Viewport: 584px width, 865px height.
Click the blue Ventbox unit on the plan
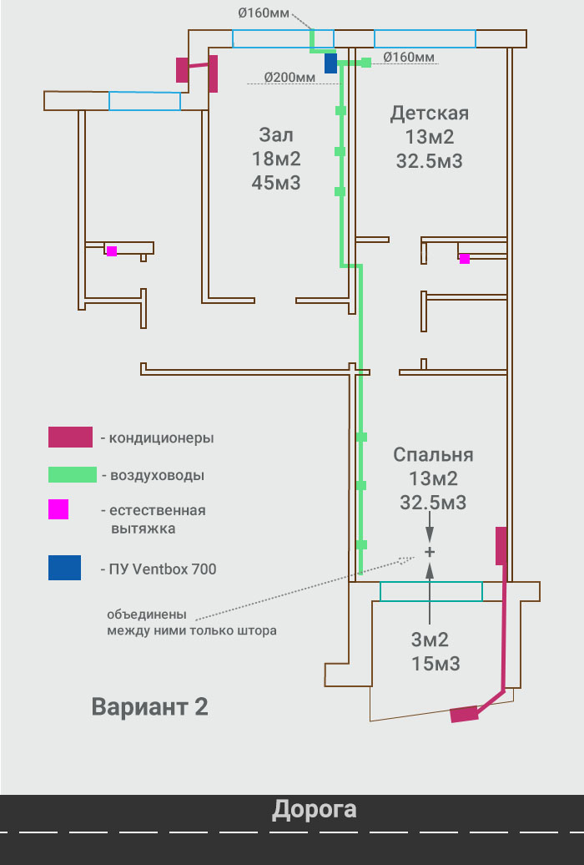pos(330,63)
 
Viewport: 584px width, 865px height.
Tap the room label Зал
pos(276,134)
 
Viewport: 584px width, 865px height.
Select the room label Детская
pos(430,113)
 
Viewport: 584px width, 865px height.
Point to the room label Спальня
pos(433,454)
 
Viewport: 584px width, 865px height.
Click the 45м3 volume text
pos(276,183)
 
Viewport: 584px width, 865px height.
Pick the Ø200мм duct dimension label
pos(289,77)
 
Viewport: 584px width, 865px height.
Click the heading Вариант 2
pos(149,706)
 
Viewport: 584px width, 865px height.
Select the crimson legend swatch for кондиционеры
pos(70,437)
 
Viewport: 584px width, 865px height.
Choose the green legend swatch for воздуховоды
pos(73,475)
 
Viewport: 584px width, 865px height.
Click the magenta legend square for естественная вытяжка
pos(58,509)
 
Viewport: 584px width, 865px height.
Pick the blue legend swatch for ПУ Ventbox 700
pos(64,568)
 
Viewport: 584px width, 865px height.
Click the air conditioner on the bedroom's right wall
pos(501,545)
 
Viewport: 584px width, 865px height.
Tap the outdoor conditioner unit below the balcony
pos(464,714)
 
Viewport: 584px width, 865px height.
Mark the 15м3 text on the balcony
pos(435,664)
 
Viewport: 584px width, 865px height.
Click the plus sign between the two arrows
pos(430,552)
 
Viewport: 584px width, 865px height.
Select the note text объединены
pos(139,615)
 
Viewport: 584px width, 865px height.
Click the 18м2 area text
pos(276,159)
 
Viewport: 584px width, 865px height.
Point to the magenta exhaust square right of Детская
pos(465,259)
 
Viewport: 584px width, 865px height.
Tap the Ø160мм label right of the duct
pos(409,57)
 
